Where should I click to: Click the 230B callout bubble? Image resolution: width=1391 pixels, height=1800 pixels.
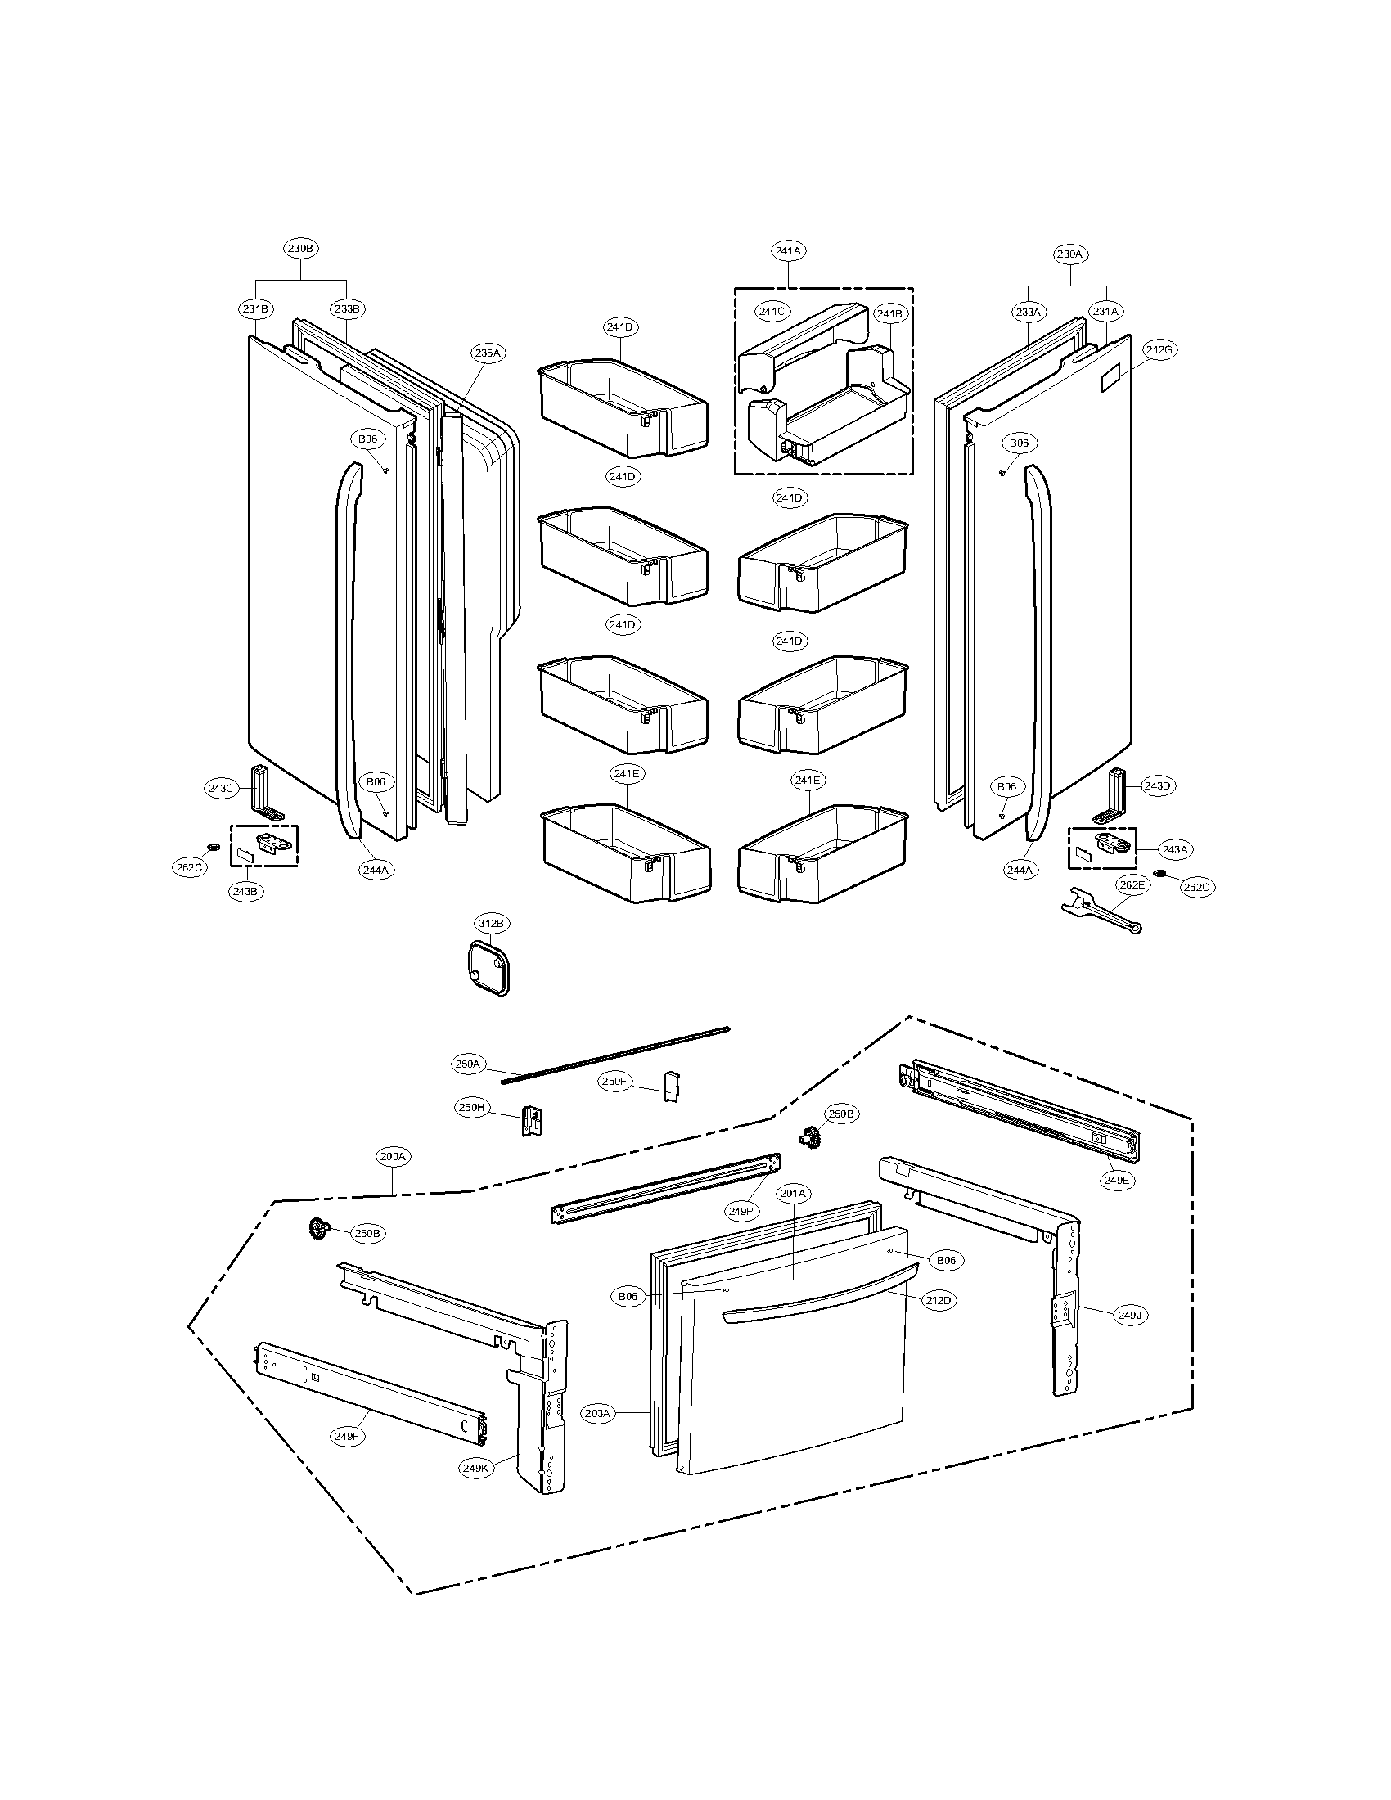coord(300,248)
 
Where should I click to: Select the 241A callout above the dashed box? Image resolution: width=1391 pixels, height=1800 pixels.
coord(788,250)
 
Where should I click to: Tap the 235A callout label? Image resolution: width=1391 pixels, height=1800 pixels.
coord(487,353)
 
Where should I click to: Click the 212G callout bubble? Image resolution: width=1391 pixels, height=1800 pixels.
coord(1158,349)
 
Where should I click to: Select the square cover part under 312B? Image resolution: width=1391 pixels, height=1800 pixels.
coord(484,966)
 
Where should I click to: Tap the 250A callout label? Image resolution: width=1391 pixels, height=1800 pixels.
coord(467,1064)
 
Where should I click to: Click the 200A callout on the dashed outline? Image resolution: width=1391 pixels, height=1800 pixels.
coord(393,1156)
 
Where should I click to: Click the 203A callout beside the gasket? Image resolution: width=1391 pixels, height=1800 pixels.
coord(597,1414)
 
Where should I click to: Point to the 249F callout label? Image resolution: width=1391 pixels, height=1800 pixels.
coord(347,1436)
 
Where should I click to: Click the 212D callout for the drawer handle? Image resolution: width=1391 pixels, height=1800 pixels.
coord(937,1301)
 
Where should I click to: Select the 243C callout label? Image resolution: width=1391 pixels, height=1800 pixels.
coord(220,788)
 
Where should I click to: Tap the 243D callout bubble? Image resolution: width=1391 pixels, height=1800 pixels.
coord(1156,785)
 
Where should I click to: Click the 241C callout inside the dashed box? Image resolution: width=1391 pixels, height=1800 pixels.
coord(772,311)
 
